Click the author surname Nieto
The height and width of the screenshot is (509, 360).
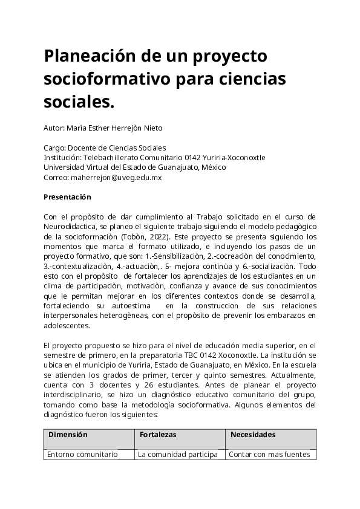click(152, 128)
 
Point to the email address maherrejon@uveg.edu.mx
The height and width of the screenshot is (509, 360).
click(116, 178)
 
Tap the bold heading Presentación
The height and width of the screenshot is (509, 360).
click(67, 197)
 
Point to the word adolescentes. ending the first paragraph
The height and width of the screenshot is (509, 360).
click(67, 325)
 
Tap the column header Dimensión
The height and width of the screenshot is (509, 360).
click(68, 435)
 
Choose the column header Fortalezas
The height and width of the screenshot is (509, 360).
click(158, 435)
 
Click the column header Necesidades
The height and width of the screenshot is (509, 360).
click(253, 435)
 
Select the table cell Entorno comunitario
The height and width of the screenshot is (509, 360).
click(82, 455)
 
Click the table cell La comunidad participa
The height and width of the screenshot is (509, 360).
click(178, 455)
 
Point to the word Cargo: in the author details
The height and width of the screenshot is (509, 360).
click(54, 148)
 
